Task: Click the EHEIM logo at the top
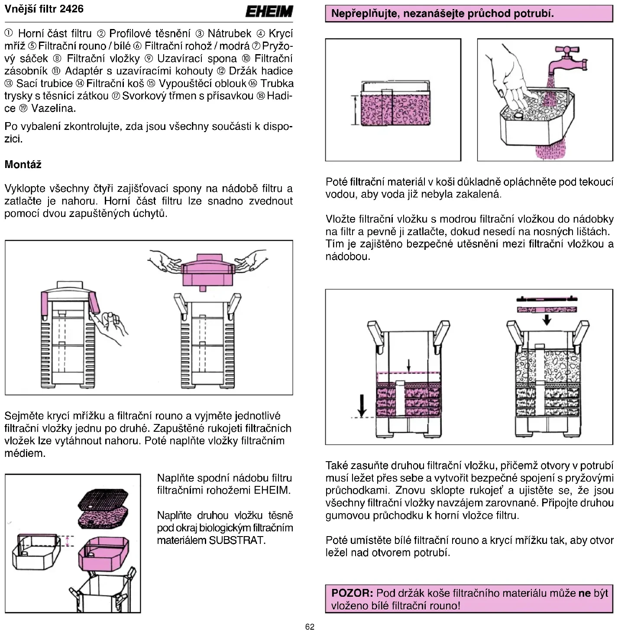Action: tap(269, 11)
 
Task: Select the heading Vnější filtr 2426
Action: tap(44, 9)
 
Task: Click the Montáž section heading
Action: tap(23, 165)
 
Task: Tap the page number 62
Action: tap(310, 627)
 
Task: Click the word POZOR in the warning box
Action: tap(352, 593)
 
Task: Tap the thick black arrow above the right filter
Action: tap(547, 319)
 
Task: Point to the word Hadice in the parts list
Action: tap(279, 96)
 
